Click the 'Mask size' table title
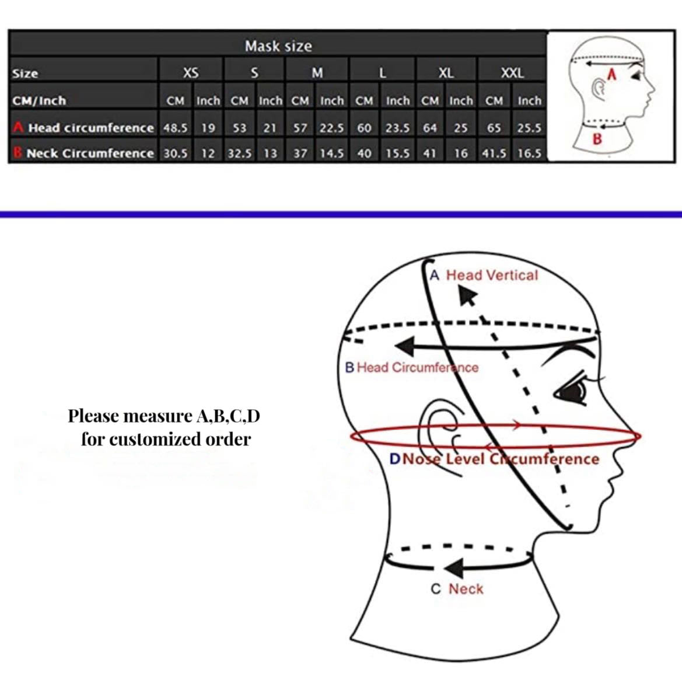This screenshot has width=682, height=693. click(x=278, y=46)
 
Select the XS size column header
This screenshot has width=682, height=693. click(x=191, y=72)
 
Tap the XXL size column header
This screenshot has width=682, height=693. click(x=512, y=72)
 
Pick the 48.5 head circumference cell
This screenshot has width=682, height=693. click(x=176, y=128)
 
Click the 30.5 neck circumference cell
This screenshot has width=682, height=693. click(x=176, y=154)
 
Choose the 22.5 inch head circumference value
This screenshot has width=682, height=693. click(x=332, y=128)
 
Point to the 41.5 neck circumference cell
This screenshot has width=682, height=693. click(x=494, y=154)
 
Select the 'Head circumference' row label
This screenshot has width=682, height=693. click(x=91, y=128)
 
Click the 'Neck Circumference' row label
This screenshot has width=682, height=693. click(x=90, y=154)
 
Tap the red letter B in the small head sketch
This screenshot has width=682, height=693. click(x=597, y=139)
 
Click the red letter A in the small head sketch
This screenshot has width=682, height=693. click(x=612, y=75)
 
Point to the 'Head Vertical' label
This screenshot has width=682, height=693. click(x=492, y=276)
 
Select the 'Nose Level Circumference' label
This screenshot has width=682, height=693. click(x=501, y=459)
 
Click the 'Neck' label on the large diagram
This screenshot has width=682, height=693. click(x=466, y=588)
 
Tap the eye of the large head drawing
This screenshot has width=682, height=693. click(x=572, y=391)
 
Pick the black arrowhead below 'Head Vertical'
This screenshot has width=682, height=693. click(x=467, y=295)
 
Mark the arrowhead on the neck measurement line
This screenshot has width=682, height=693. click(x=454, y=567)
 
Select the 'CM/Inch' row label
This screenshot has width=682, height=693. click(x=39, y=101)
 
